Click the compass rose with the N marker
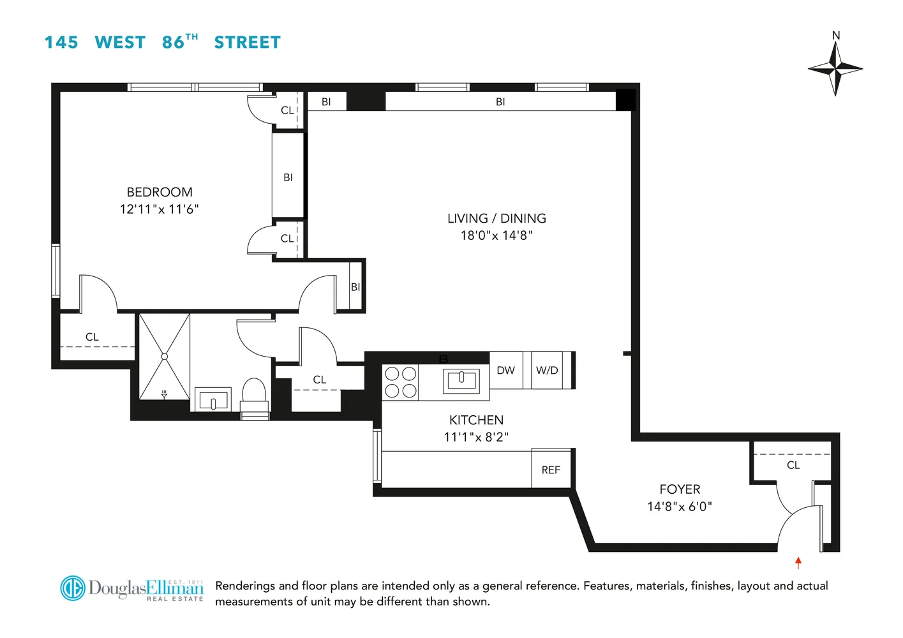[835, 68]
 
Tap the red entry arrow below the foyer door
[798, 562]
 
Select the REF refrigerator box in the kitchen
[551, 470]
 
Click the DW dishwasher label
[505, 370]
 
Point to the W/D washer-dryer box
[547, 370]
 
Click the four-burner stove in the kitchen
[401, 382]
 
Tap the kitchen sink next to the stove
[461, 381]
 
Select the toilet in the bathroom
[254, 397]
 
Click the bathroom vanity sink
[213, 401]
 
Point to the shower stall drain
[165, 357]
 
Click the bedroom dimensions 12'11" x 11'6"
[159, 209]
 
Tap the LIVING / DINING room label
[496, 218]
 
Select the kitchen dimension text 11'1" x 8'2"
[476, 437]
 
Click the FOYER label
[680, 489]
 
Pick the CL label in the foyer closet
[793, 465]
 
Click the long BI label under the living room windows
[500, 101]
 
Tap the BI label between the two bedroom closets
[288, 177]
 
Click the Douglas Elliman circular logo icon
[73, 588]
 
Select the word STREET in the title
[247, 43]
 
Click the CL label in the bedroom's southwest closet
[92, 337]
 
